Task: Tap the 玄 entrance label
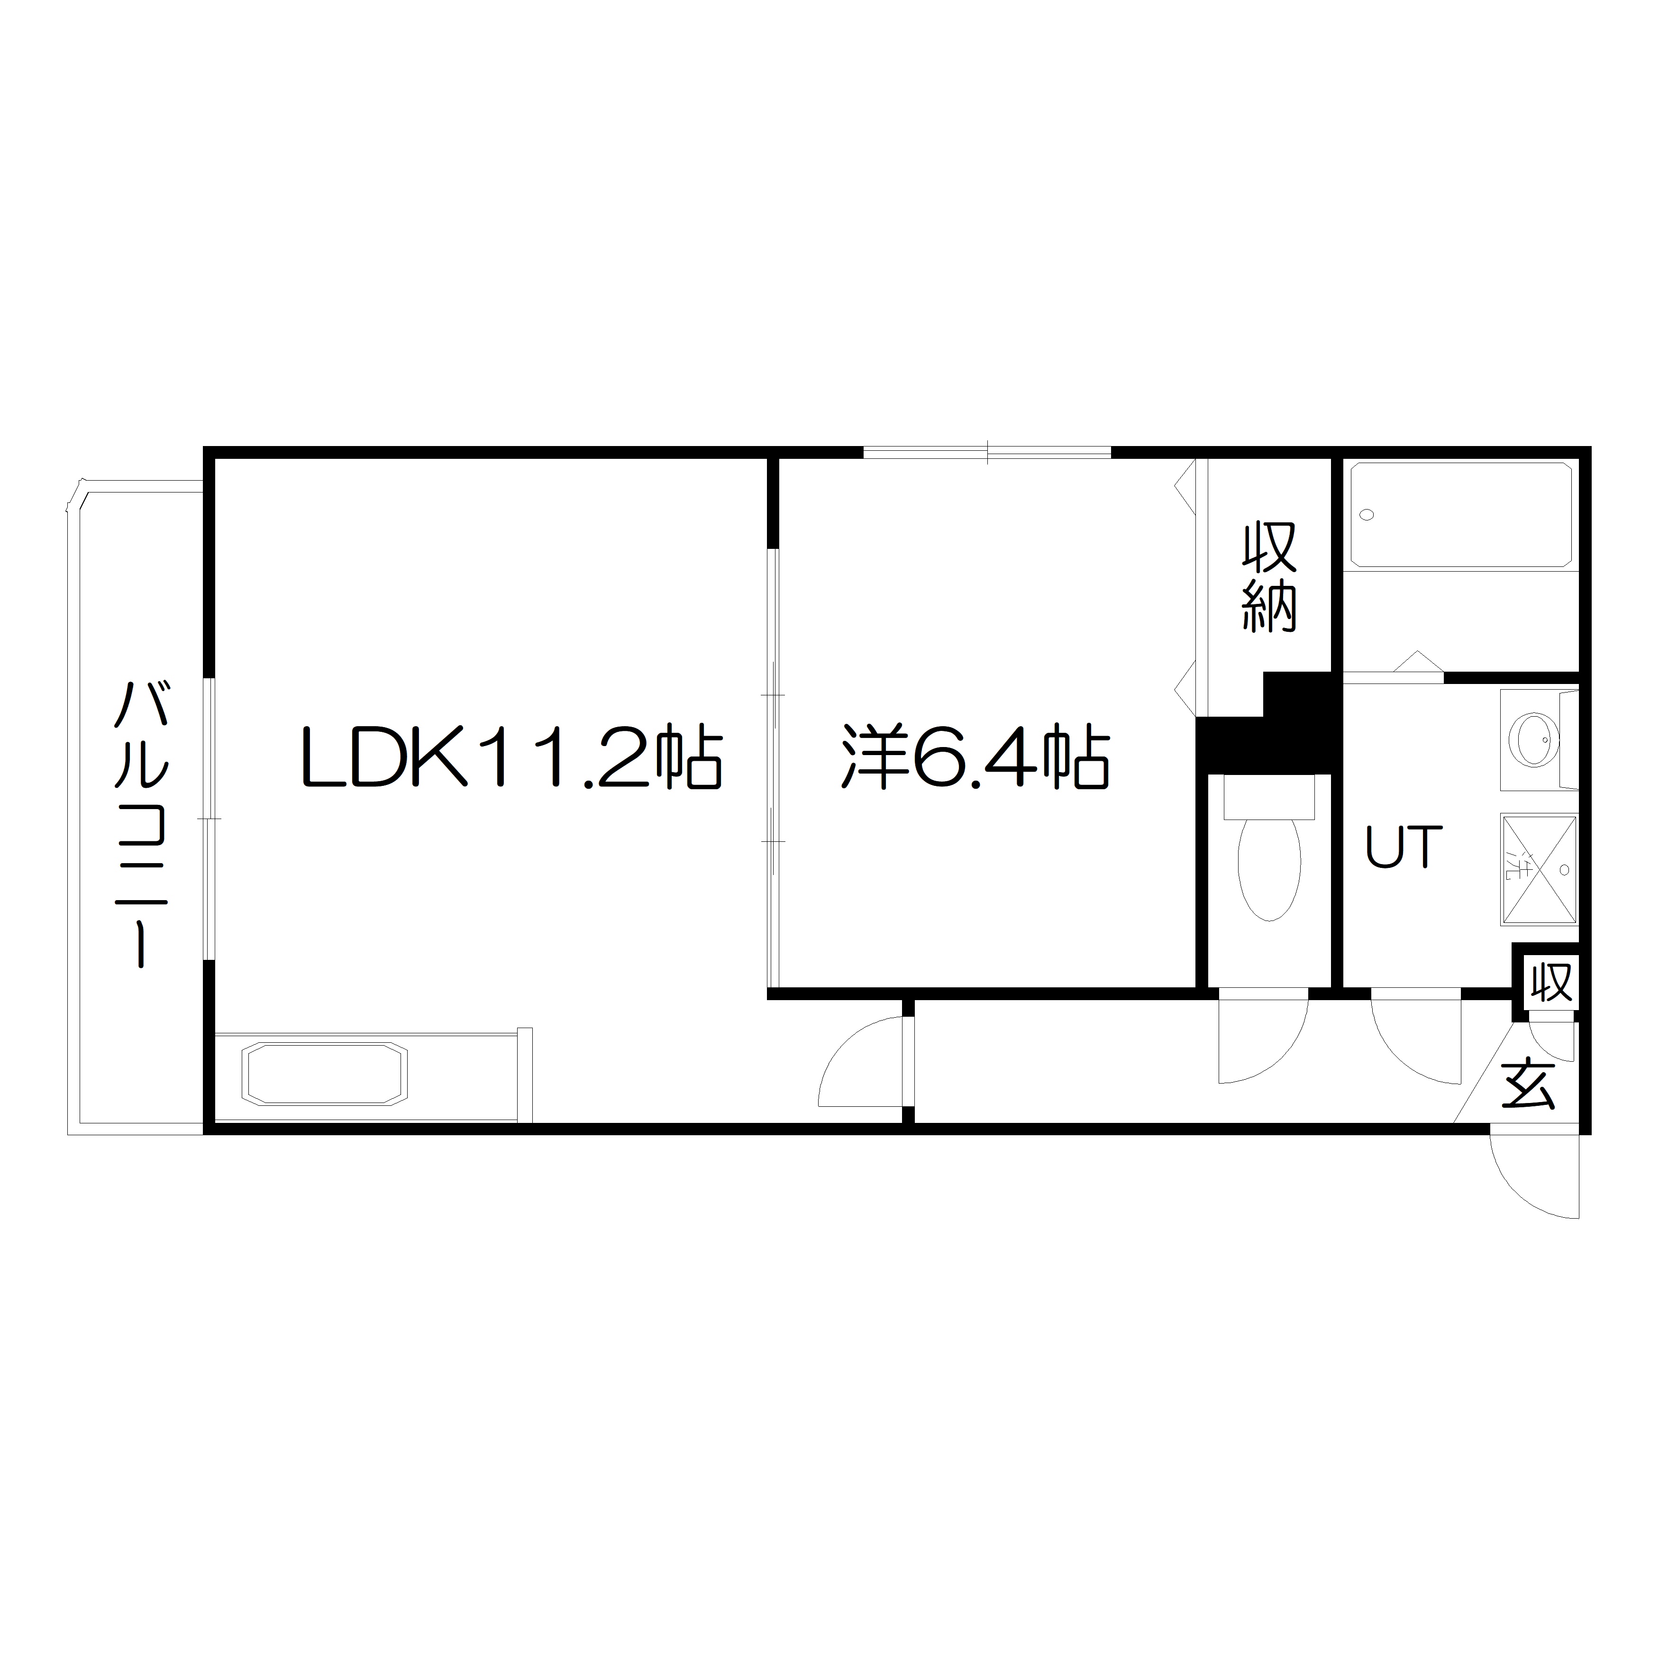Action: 1529,1085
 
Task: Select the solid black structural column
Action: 1265,721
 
